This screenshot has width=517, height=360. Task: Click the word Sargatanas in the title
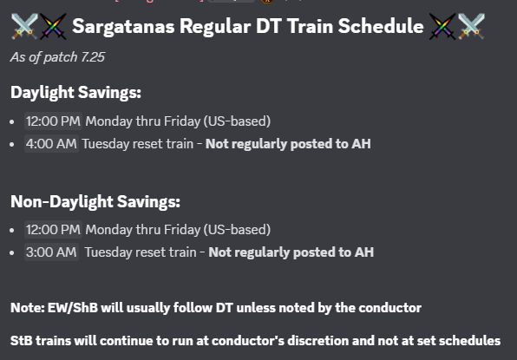123,26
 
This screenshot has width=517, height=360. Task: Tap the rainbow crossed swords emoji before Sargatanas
53,26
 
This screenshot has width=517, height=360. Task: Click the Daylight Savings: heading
75,92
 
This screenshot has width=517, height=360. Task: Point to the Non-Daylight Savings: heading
95,201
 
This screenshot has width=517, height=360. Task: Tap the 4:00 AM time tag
51,144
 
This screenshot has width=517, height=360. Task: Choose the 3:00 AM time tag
51,252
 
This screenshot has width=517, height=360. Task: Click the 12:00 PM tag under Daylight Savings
53,121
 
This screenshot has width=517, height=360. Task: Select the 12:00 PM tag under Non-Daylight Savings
53,230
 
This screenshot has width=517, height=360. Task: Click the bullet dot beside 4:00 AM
12,144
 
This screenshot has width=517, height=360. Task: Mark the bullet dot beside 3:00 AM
12,252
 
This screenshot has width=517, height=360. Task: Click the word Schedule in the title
381,26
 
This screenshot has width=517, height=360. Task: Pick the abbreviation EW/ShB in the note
73,308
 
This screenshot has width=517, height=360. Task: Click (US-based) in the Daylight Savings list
237,121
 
